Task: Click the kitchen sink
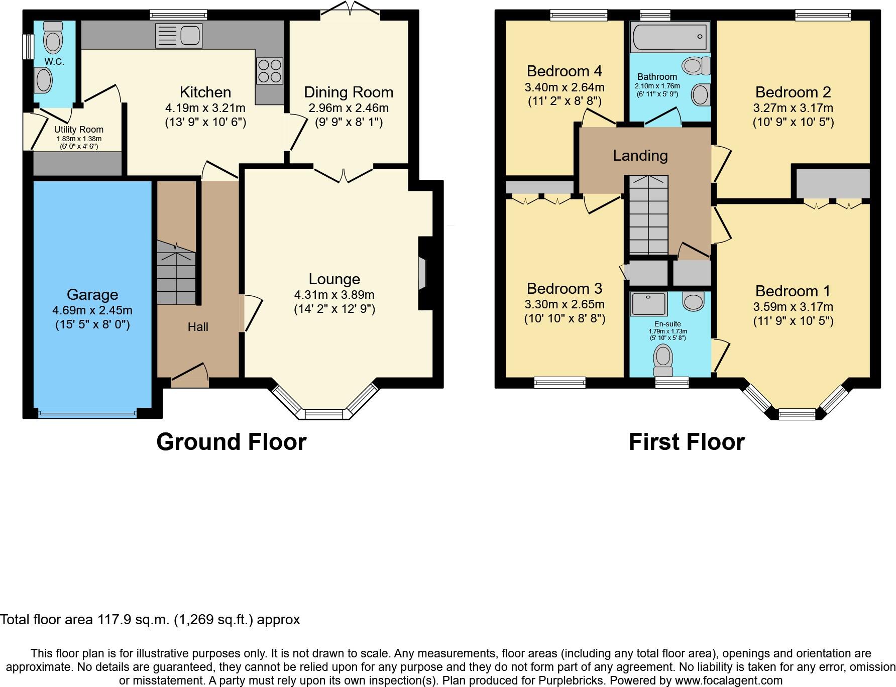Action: (179, 36)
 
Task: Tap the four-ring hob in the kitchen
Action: (270, 71)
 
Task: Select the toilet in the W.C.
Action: (53, 37)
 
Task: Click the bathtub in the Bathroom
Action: (670, 38)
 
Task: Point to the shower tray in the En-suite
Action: (649, 304)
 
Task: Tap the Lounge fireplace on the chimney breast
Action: (422, 274)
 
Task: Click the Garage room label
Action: (92, 295)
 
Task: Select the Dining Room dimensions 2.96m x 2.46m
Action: (349, 108)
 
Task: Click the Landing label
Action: (640, 156)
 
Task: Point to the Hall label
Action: (198, 327)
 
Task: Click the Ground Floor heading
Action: (231, 442)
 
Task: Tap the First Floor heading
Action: (687, 442)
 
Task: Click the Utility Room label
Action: (79, 130)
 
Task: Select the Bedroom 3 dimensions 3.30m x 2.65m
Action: (565, 304)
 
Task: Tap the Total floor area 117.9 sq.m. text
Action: (150, 620)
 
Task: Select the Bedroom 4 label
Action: (564, 71)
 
